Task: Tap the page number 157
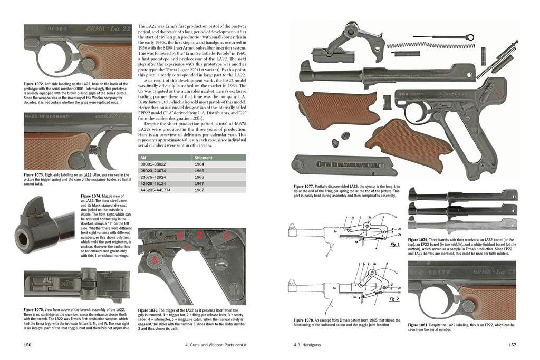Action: pos(510,345)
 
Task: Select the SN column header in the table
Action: pos(143,158)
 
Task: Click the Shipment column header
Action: pos(204,158)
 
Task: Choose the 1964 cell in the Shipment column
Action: pos(200,164)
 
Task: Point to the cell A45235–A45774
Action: pos(157,190)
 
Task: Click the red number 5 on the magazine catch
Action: pos(155,259)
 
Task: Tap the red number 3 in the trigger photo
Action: pos(226,237)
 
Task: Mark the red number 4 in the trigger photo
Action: pos(180,235)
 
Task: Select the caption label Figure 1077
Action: pos(306,186)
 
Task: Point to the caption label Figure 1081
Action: pos(420,325)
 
